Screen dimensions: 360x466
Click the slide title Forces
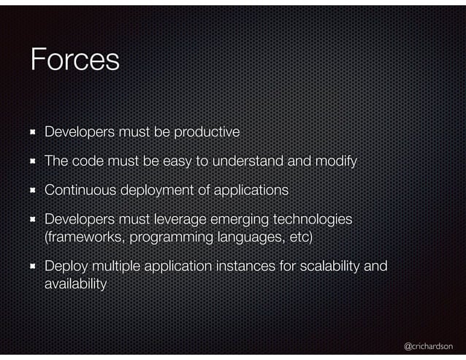click(75, 60)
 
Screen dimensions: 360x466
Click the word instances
click(245, 267)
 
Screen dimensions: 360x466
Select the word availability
click(75, 284)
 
